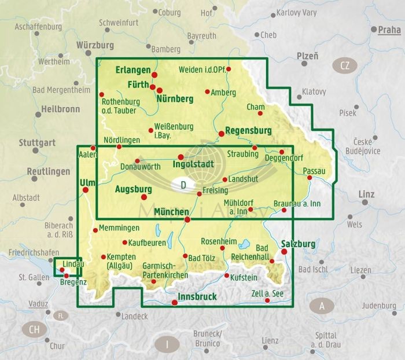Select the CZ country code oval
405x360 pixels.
click(345, 65)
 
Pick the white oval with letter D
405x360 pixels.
click(183, 186)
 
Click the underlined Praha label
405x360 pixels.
click(389, 30)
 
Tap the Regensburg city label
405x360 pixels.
click(248, 130)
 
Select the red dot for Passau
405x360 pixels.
click(310, 178)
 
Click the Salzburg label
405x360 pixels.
click(298, 244)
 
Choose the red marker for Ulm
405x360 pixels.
click(86, 189)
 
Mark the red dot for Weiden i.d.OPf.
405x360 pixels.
click(229, 69)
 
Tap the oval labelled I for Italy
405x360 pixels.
click(167, 345)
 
